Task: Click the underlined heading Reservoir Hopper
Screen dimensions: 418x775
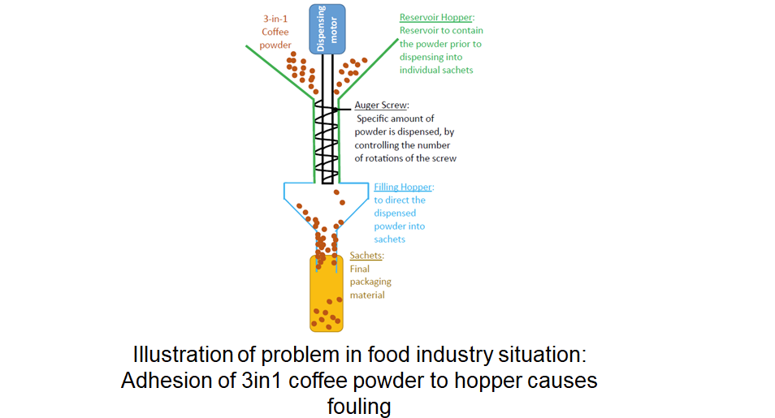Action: click(x=437, y=17)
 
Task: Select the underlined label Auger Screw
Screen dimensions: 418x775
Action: click(x=381, y=105)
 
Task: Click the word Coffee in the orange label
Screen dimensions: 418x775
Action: click(x=275, y=32)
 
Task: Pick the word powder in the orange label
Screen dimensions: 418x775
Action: click(x=275, y=45)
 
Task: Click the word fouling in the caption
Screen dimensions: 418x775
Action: click(x=359, y=405)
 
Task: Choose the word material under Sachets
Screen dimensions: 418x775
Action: click(x=367, y=295)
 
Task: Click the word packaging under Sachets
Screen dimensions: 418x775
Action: click(x=370, y=282)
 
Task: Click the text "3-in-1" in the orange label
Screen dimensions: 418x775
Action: click(x=275, y=18)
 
